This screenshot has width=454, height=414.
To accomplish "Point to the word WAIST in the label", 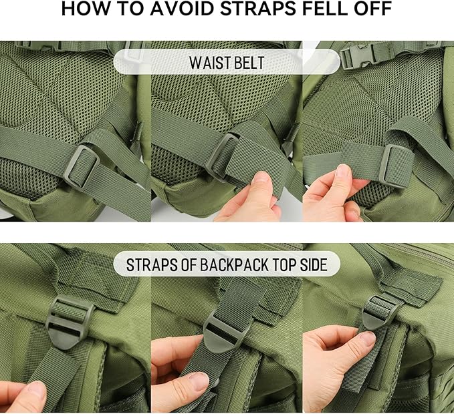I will (x=210, y=62).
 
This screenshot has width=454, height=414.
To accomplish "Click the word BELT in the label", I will (x=249, y=62).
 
